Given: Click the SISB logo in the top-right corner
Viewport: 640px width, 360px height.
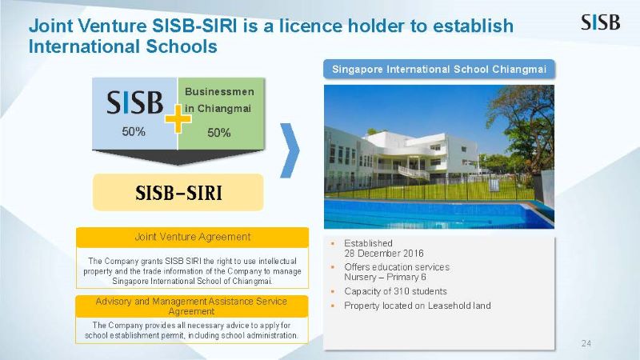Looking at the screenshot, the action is coord(601,22).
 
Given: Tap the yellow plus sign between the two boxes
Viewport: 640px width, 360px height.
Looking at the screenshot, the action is coord(178,119).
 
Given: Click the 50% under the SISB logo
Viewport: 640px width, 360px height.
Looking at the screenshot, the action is coord(134,131).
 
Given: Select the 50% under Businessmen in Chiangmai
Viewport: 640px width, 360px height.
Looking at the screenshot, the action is coord(218,133).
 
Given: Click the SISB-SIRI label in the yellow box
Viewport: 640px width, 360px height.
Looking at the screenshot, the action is coord(178,193).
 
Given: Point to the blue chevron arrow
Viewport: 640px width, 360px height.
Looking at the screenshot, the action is coord(290,150).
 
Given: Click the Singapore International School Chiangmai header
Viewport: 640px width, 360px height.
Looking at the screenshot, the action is coord(439,69).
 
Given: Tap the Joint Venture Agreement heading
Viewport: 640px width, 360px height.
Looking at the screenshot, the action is coord(193,237).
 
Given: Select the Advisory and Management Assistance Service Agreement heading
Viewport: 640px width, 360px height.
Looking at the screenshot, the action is coord(191,306).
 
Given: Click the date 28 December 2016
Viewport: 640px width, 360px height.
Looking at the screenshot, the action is coord(384,254).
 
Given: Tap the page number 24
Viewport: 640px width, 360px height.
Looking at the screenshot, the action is coord(586,343).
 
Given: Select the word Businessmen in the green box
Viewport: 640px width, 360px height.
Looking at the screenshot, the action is coord(219,92).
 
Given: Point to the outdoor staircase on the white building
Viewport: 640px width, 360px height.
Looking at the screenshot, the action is coord(414,171).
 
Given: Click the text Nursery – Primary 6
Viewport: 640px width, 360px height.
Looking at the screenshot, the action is coord(385,277).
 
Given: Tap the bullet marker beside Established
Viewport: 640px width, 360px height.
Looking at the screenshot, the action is coord(333,244).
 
